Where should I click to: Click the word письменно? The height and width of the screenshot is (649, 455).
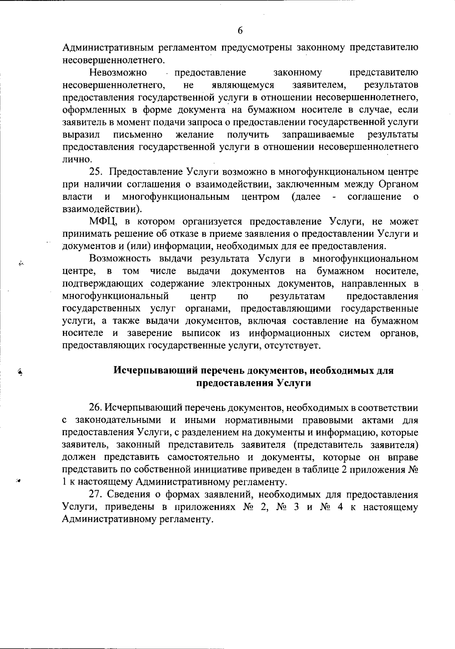click(138, 135)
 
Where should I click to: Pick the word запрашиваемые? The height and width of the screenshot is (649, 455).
click(318, 135)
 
